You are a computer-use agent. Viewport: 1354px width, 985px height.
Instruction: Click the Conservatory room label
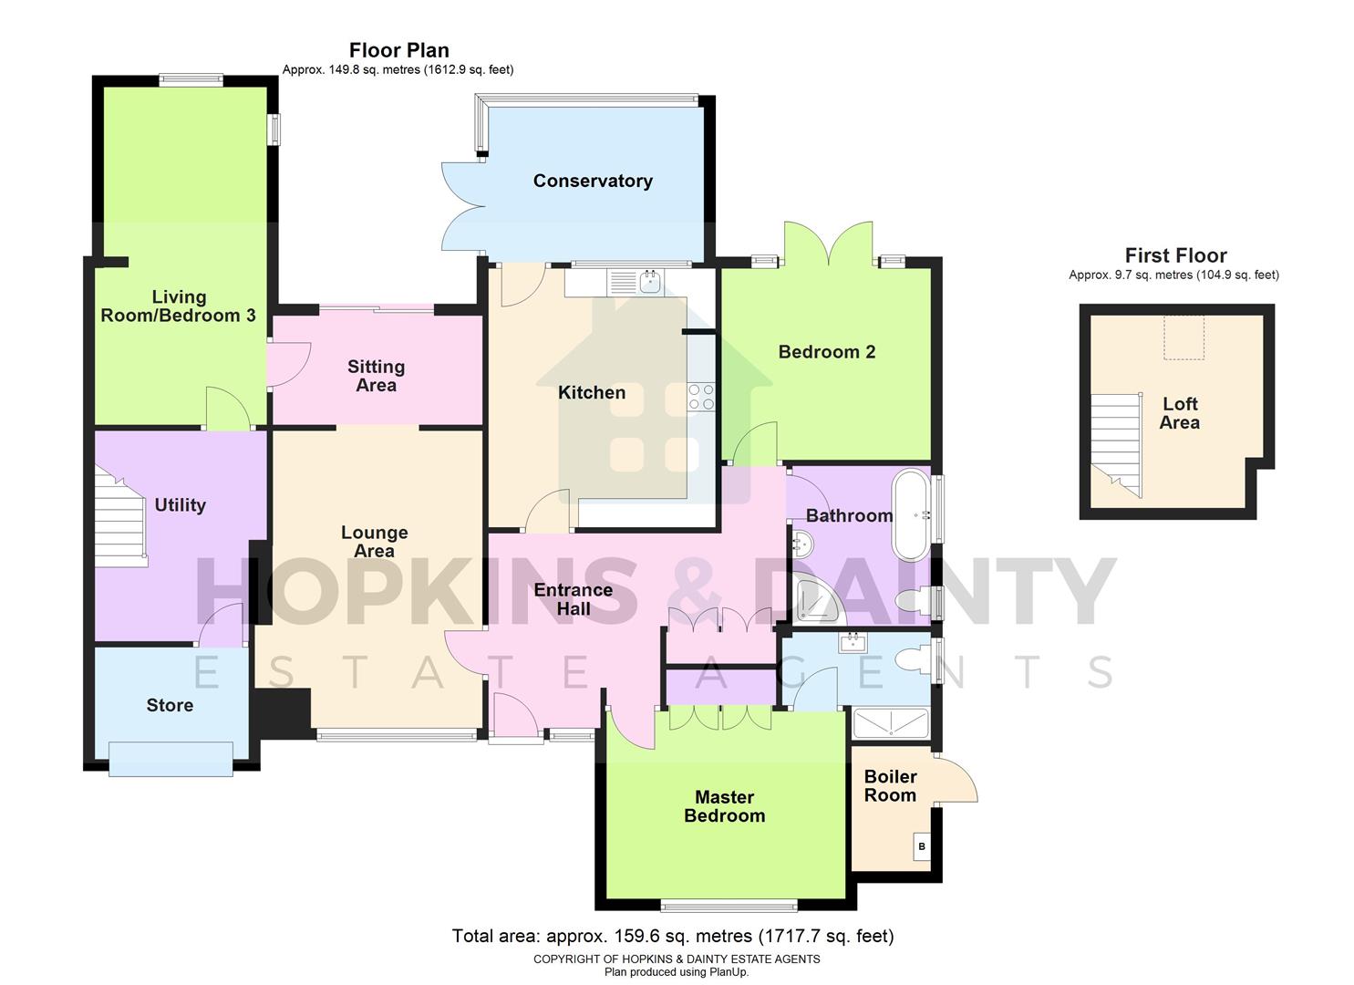pos(593,181)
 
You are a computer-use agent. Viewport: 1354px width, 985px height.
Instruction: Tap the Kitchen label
pos(592,392)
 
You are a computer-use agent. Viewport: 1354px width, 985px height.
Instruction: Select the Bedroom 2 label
pos(826,352)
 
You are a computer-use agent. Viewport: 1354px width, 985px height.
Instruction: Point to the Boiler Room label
pos(890,785)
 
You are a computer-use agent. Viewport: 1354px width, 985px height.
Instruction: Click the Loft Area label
pos(1179,413)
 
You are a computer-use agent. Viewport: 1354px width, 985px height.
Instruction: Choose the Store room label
pos(170,705)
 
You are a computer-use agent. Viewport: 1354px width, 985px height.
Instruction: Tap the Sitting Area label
pos(376,376)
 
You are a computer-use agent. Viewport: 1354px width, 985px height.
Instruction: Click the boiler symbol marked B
pos(922,846)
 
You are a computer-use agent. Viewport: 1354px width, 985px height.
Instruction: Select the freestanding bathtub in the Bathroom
pos(912,514)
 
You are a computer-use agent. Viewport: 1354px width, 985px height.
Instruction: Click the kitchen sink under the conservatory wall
pos(649,282)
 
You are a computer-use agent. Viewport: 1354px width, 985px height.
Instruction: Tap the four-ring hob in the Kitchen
pos(701,397)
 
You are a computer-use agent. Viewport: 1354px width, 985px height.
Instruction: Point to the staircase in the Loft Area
pos(1116,445)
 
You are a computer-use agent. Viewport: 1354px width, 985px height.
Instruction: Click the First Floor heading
pos(1175,255)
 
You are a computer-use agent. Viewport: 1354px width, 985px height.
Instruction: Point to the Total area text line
pos(673,936)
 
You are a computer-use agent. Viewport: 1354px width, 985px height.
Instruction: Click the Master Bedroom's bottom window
pos(729,906)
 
